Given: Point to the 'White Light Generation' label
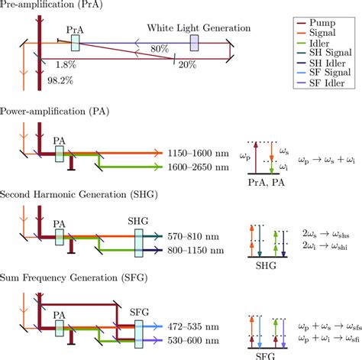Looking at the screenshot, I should pyautogui.click(x=199, y=28).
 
